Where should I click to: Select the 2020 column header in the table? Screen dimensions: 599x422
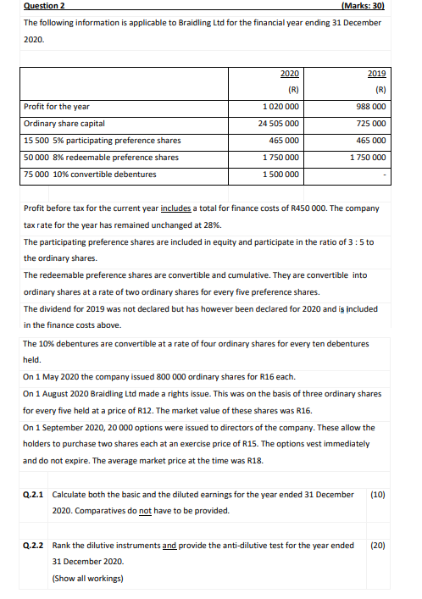click(x=288, y=74)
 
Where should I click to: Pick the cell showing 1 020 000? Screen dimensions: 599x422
click(x=280, y=107)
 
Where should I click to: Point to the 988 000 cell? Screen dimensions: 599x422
click(x=372, y=107)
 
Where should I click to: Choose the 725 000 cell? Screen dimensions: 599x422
click(x=372, y=124)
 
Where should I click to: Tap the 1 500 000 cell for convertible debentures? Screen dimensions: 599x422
click(x=280, y=175)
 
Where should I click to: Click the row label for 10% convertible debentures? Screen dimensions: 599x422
click(x=90, y=175)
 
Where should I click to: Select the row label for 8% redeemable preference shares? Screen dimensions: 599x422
click(x=101, y=158)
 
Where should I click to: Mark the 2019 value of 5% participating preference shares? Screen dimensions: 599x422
click(x=372, y=141)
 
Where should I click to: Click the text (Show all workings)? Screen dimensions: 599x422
click(x=87, y=579)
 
